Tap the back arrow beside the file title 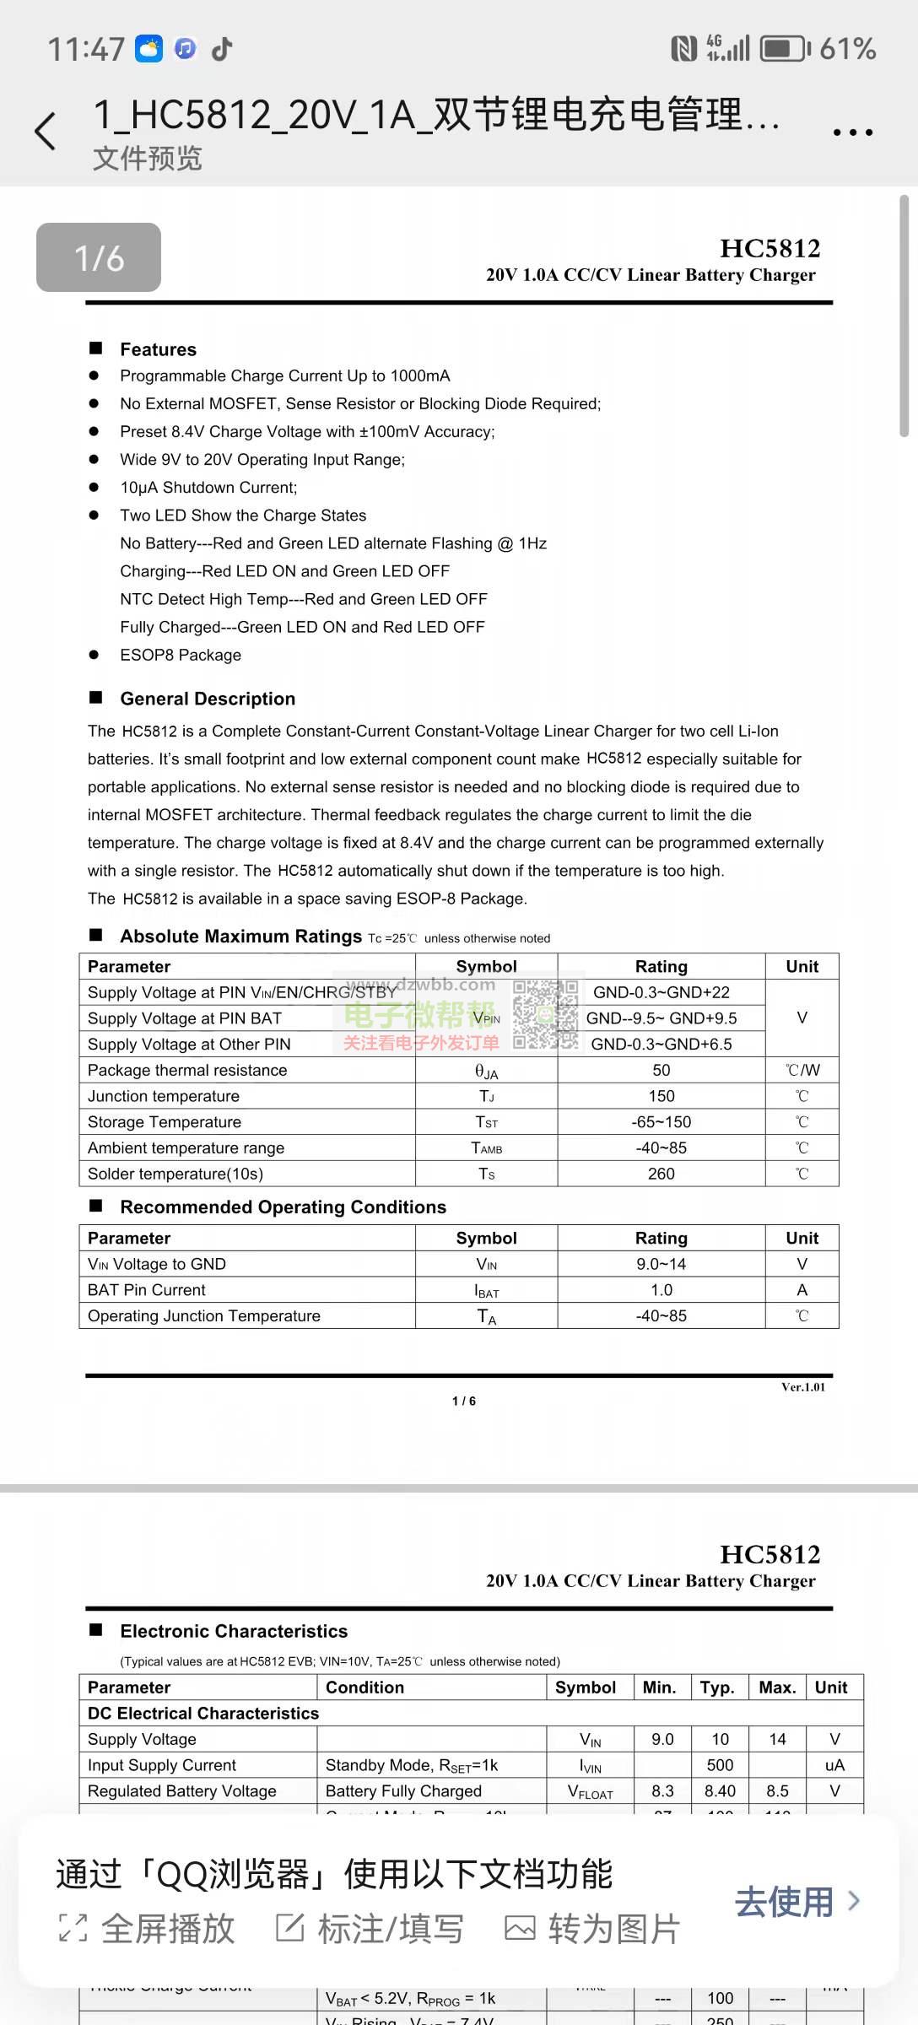(46, 132)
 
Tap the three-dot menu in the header (852, 132)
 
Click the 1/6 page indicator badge (99, 257)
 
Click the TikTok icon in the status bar (222, 49)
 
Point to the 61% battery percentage (847, 49)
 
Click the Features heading (158, 349)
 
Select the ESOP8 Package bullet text (181, 655)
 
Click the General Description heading (208, 699)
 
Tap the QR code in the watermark (545, 1014)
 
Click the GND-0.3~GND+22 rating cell (661, 992)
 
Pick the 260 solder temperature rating (661, 1174)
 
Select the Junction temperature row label (164, 1096)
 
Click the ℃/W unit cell (802, 1070)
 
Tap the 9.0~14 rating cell (661, 1264)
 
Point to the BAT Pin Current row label (147, 1290)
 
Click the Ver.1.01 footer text (802, 1387)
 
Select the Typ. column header (717, 1687)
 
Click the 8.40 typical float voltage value (720, 1790)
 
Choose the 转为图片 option (593, 1929)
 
